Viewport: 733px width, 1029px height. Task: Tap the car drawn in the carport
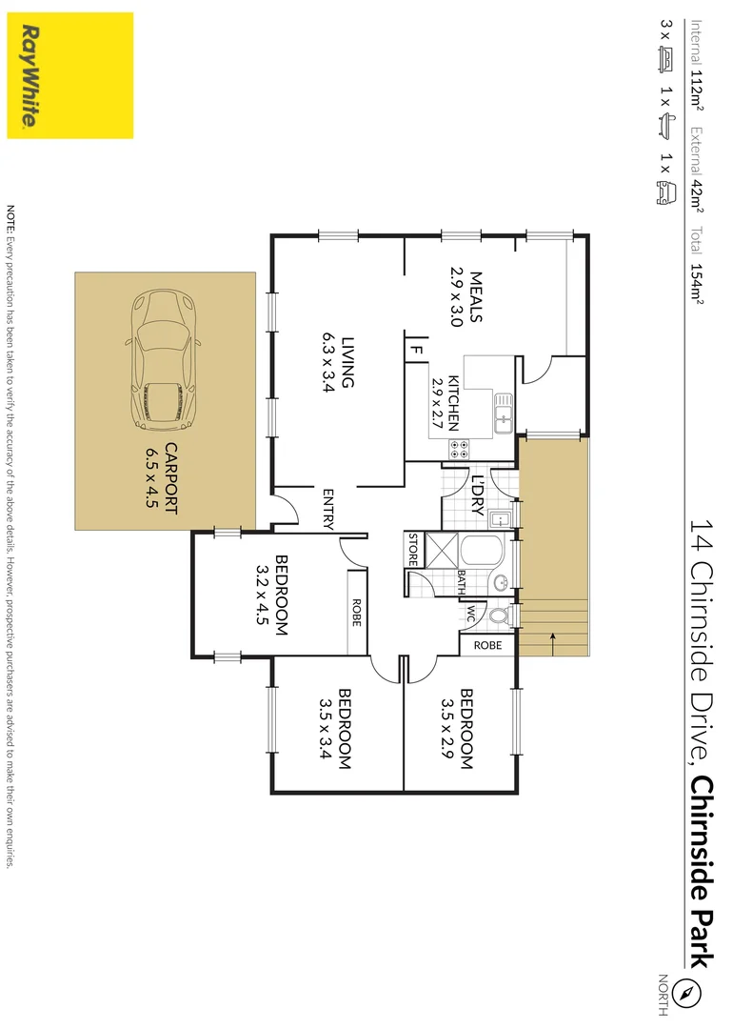pos(163,358)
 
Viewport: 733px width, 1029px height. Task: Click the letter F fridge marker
pos(417,350)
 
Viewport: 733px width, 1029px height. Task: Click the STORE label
pos(413,551)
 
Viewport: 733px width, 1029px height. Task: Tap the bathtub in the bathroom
pos(485,553)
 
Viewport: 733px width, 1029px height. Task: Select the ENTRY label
pos(327,508)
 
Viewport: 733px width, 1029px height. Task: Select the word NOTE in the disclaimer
pos(11,217)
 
